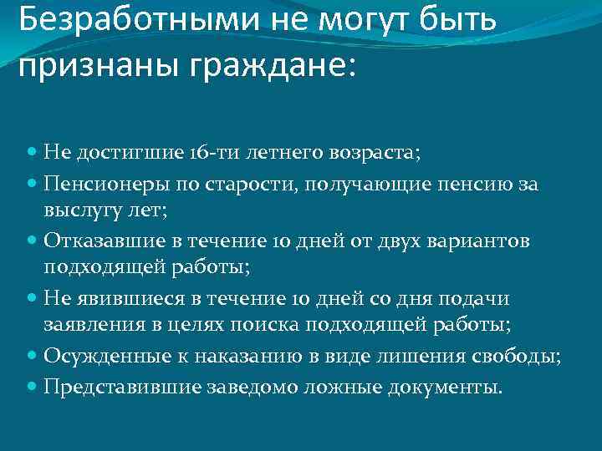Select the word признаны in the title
(92, 67)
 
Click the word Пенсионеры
(98, 182)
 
